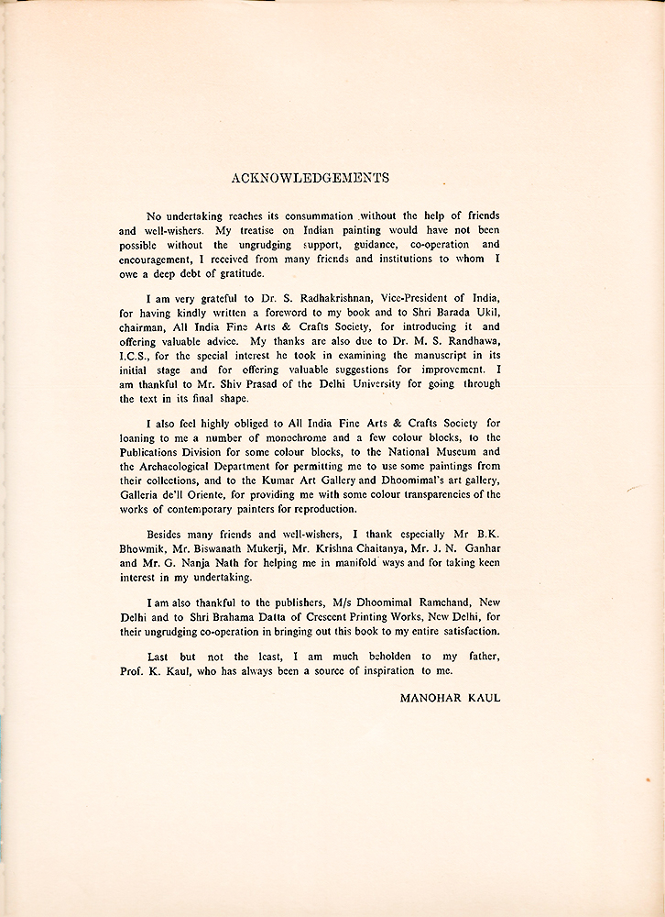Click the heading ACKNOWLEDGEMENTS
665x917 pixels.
311,178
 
